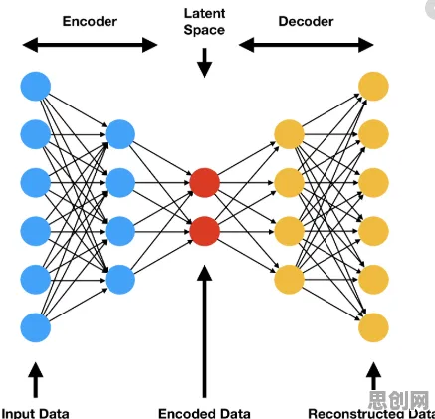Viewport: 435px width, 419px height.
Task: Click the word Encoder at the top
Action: pyautogui.click(x=90, y=21)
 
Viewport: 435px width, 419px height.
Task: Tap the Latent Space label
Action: pyautogui.click(x=204, y=22)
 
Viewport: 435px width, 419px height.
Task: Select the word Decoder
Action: pyautogui.click(x=306, y=21)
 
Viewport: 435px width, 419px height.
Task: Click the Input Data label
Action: pyautogui.click(x=36, y=413)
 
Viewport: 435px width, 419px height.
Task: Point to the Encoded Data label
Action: pyautogui.click(x=204, y=413)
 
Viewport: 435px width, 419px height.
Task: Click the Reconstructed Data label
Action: pyautogui.click(x=371, y=413)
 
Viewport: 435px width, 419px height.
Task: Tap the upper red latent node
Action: pyautogui.click(x=205, y=183)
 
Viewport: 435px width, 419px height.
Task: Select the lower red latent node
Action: pyautogui.click(x=205, y=231)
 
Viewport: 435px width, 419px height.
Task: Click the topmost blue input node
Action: pyautogui.click(x=36, y=87)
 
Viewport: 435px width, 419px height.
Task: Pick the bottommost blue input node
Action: pyautogui.click(x=36, y=327)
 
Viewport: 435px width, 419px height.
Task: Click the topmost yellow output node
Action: pyautogui.click(x=373, y=87)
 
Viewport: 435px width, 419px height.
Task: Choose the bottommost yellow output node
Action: pyautogui.click(x=373, y=327)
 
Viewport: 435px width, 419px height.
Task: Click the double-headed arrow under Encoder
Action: pyautogui.click(x=90, y=45)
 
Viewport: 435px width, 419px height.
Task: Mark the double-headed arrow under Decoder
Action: pyautogui.click(x=307, y=45)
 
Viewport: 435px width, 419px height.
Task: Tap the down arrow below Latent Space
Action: pyautogui.click(x=205, y=63)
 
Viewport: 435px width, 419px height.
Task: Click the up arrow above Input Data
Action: pyautogui.click(x=36, y=380)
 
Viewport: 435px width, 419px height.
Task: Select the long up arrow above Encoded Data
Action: pyautogui.click(x=205, y=331)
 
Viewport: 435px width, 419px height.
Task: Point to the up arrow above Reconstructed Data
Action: pyautogui.click(x=373, y=376)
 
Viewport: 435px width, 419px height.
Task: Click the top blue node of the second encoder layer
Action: pyautogui.click(x=120, y=134)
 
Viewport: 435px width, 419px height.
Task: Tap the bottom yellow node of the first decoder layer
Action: pyautogui.click(x=289, y=280)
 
